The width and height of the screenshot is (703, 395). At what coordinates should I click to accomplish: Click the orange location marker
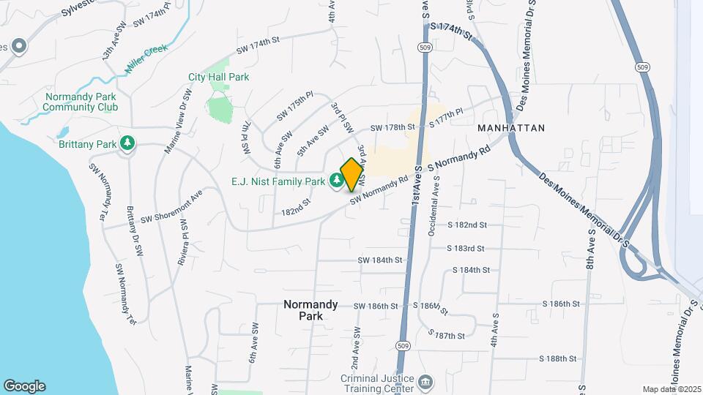pyautogui.click(x=352, y=174)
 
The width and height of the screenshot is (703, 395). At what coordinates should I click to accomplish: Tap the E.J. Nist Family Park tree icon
pyautogui.click(x=337, y=179)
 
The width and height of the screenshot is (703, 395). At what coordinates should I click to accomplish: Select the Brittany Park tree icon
pyautogui.click(x=128, y=143)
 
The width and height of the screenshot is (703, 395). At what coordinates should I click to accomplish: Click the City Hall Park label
pyautogui.click(x=218, y=77)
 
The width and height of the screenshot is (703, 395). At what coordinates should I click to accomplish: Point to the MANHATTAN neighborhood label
pyautogui.click(x=511, y=128)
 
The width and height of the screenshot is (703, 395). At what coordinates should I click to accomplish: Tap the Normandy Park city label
pyautogui.click(x=311, y=310)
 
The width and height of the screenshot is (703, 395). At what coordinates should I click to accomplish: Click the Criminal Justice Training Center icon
pyautogui.click(x=425, y=381)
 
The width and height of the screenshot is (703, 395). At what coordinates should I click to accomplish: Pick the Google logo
pyautogui.click(x=24, y=386)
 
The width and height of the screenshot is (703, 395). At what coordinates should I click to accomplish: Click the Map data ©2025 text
pyautogui.click(x=672, y=389)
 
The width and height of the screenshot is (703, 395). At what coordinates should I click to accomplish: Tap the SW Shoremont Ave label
pyautogui.click(x=171, y=208)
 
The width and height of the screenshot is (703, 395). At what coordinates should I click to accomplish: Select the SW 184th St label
pyautogui.click(x=380, y=260)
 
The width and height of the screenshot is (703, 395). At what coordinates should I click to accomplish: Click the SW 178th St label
pyautogui.click(x=393, y=128)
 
